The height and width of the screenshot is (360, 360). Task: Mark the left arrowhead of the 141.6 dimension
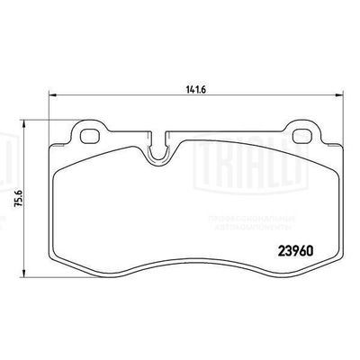49,96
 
